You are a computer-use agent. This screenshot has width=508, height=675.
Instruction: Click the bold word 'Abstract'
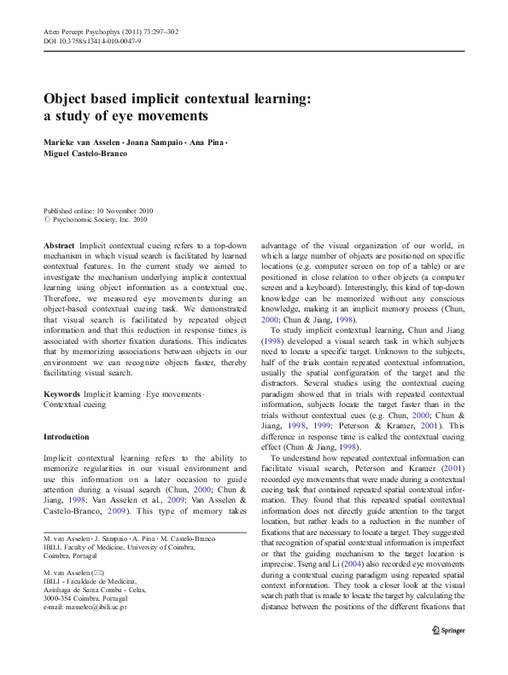59,244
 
